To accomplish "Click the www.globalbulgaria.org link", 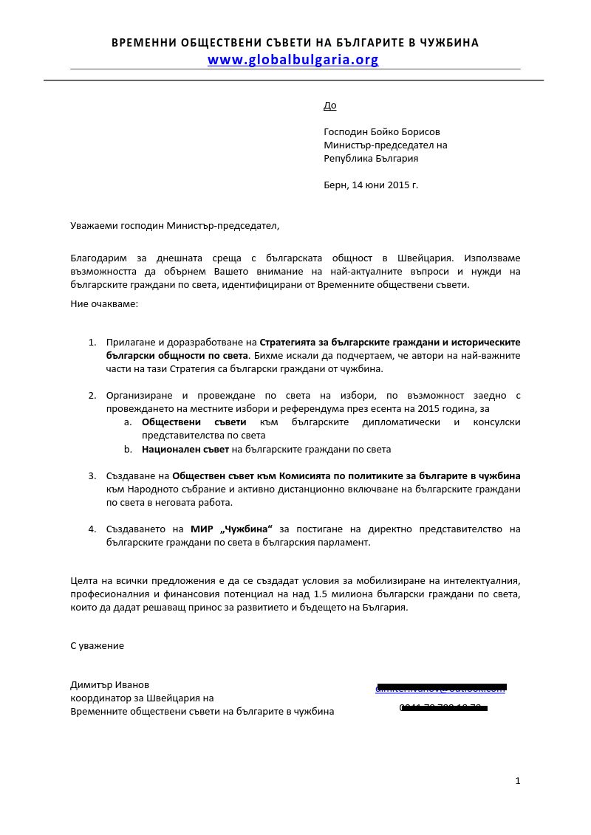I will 293,60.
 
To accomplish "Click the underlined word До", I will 329,106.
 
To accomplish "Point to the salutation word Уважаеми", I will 94,225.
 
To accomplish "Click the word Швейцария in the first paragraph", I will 427,258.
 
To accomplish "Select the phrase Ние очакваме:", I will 104,303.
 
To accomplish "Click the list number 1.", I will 92,342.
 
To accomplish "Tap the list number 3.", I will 92,475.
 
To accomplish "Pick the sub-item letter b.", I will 128,449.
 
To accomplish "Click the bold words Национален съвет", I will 185,449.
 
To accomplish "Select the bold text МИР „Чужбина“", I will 231,529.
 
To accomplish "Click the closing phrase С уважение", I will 97,645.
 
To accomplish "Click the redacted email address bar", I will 441,687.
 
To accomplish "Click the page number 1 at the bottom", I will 518,780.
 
